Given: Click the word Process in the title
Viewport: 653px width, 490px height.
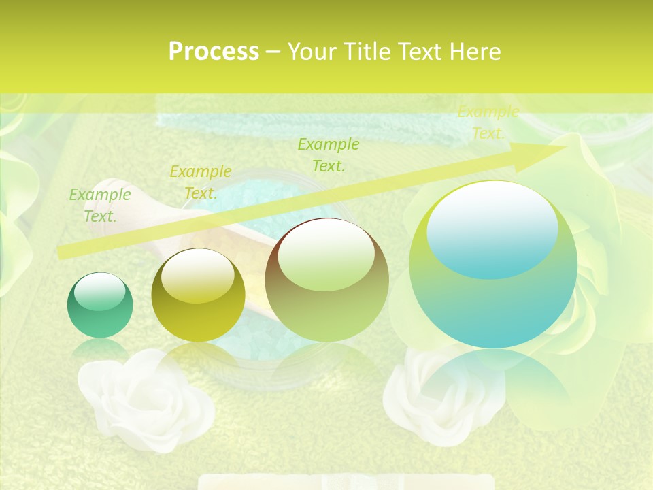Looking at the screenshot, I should click(214, 52).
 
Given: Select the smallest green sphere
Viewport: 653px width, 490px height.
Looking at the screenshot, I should click(100, 306).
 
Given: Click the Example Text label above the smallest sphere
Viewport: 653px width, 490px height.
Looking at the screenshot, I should click(100, 206).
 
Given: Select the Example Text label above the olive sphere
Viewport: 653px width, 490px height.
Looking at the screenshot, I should click(200, 182).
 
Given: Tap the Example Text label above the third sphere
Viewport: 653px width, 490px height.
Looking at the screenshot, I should click(329, 154).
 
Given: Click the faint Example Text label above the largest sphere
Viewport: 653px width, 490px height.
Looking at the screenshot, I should click(488, 122).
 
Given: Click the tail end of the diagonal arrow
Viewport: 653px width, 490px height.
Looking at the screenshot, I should click(61, 252).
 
